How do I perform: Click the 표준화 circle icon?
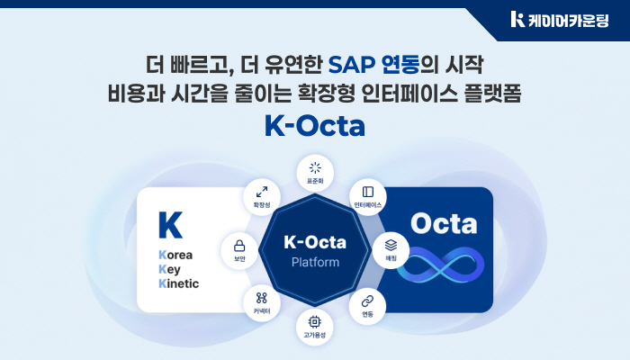tap(315, 171)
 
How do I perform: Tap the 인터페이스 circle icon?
tap(368, 196)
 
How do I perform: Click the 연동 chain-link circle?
tap(367, 305)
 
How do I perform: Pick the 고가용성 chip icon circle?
tap(315, 325)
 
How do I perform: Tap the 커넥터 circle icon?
tap(262, 302)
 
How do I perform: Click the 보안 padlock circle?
tap(239, 249)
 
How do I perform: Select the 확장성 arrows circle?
tap(262, 195)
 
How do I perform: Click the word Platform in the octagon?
tap(315, 263)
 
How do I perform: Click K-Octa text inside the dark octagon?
tap(315, 242)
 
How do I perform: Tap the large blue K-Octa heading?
tap(315, 125)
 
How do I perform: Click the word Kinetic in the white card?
tap(178, 283)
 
